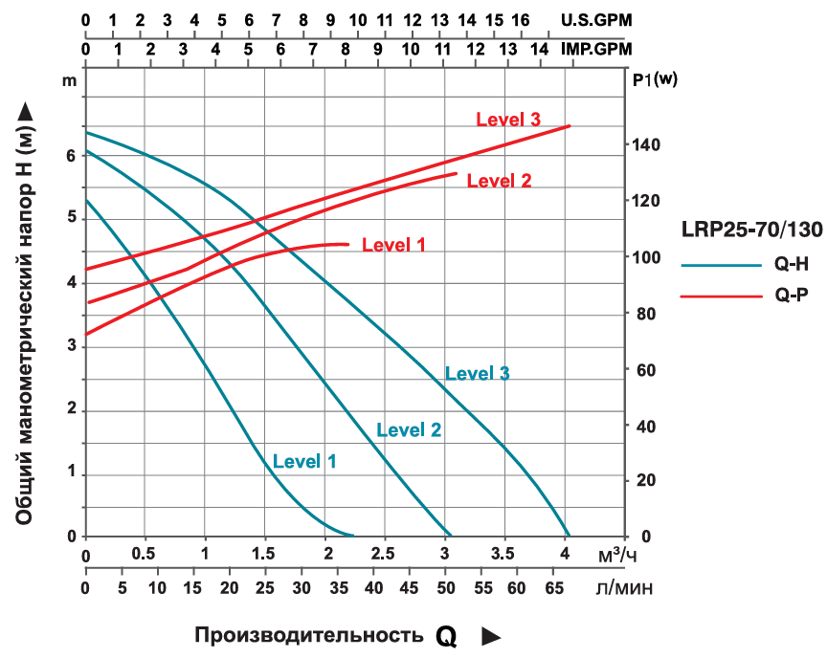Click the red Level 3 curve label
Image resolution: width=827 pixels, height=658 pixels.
tap(508, 120)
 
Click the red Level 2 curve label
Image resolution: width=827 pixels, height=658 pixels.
tap(499, 180)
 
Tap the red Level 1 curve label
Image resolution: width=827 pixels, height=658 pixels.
tap(393, 245)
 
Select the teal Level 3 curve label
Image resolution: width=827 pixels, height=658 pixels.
tap(477, 373)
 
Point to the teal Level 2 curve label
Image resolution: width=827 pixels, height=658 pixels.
tap(409, 429)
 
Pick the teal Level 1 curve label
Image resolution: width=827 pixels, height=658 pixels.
tap(304, 461)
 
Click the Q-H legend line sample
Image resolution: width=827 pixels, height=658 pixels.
tap(714, 266)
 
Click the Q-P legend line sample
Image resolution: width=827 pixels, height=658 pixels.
tap(714, 296)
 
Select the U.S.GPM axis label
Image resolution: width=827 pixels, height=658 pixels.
tap(597, 19)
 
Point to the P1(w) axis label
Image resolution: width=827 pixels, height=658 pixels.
tap(655, 80)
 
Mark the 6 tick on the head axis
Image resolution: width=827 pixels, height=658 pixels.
tap(70, 156)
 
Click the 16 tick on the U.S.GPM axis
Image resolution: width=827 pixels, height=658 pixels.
tap(522, 19)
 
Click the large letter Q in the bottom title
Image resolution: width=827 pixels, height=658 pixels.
tap(446, 637)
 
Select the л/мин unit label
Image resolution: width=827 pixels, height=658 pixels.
tap(624, 588)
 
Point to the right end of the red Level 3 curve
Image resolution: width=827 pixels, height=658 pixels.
tap(570, 125)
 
